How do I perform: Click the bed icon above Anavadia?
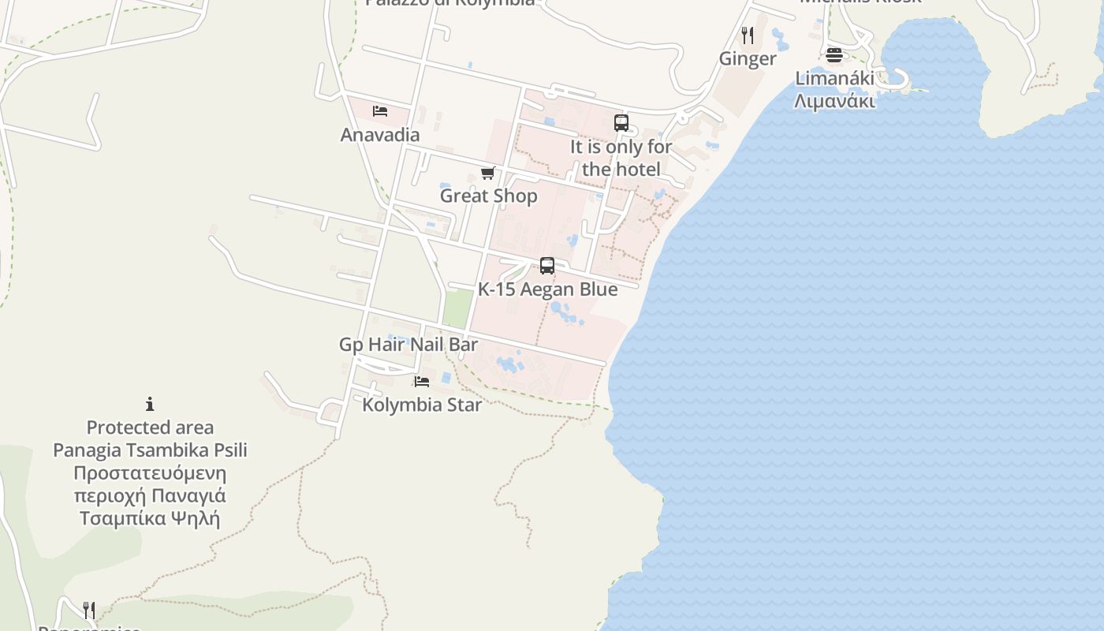coord(380,111)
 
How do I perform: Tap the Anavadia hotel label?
coord(380,135)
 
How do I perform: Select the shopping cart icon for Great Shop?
coord(487,173)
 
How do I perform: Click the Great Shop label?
coord(488,196)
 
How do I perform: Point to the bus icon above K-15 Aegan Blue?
coord(547,266)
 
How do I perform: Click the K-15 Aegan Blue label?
coord(547,289)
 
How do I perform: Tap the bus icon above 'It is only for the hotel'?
coord(621,123)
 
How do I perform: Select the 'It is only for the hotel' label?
coord(621,158)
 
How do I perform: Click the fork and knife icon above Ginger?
coord(748,35)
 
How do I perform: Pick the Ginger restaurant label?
coord(748,58)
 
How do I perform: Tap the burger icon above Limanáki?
coord(834,55)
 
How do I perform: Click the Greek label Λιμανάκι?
coord(834,101)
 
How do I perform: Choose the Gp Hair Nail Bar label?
coord(408,345)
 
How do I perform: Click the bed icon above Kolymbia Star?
coord(422,382)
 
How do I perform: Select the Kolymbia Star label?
coord(422,405)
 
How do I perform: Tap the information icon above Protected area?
coord(150,405)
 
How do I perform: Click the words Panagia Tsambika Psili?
coord(150,450)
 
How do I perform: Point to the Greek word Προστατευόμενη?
coord(150,473)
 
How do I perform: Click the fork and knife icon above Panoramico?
coord(89,610)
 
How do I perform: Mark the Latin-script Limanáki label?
coord(834,79)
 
